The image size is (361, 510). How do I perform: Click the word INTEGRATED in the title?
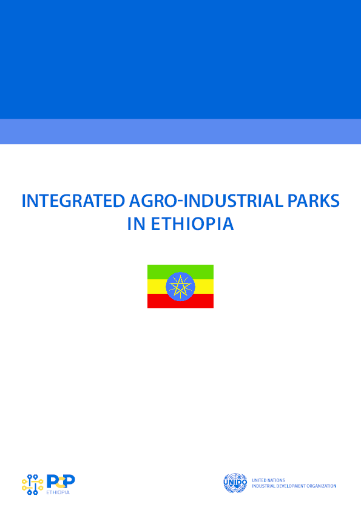pyautogui.click(x=73, y=200)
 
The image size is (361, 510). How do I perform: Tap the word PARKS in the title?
pyautogui.click(x=314, y=200)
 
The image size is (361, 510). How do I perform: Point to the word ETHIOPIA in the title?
pyautogui.click(x=192, y=224)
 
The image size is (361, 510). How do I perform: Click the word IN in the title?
pyautogui.click(x=136, y=224)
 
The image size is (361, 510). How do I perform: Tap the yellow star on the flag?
pyautogui.click(x=180, y=286)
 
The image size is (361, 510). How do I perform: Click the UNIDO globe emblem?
pyautogui.click(x=235, y=483)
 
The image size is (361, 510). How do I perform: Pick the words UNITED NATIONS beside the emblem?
pyautogui.click(x=268, y=480)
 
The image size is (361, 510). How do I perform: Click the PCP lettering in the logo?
pyautogui.click(x=61, y=482)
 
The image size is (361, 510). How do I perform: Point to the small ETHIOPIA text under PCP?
pyautogui.click(x=58, y=492)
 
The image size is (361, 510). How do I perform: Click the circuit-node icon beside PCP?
pyautogui.click(x=33, y=485)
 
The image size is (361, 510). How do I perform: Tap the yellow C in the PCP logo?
pyautogui.click(x=59, y=482)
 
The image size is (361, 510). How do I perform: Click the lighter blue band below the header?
pyautogui.click(x=181, y=131)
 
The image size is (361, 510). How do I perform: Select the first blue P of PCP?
pyautogui.click(x=51, y=482)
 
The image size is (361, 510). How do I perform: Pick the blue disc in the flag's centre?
pyautogui.click(x=181, y=286)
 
